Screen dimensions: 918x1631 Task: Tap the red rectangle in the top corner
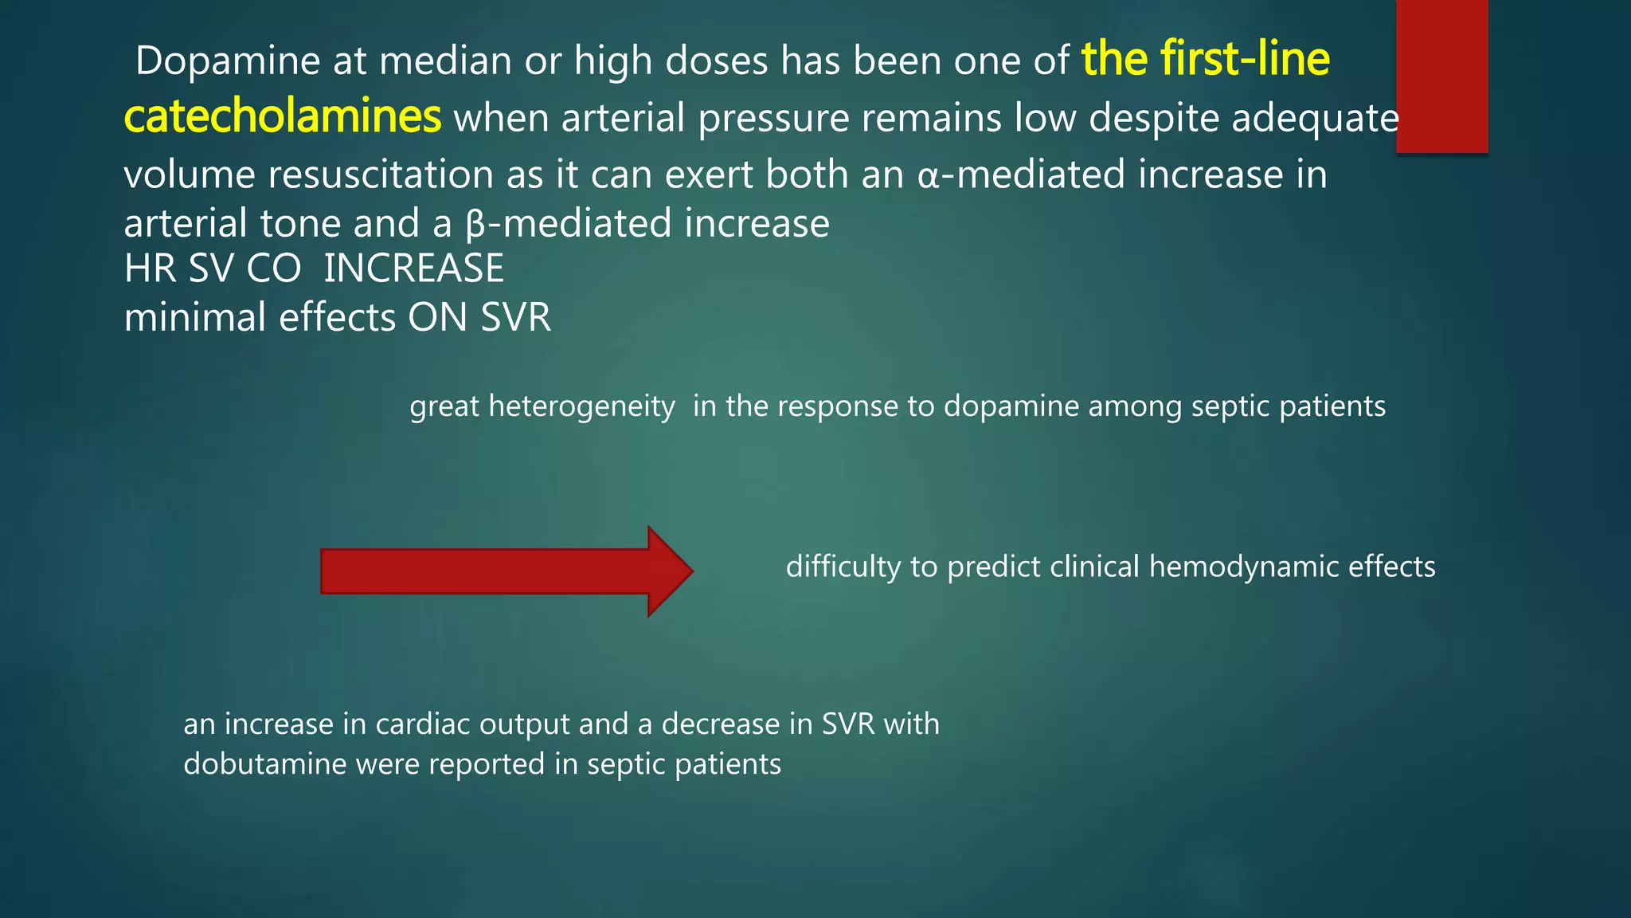[1441, 76]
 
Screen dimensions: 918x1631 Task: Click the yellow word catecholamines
[282, 116]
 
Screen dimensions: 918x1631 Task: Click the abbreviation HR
[151, 269]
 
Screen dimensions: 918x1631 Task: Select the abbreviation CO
[273, 269]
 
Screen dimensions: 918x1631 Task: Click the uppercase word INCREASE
[413, 269]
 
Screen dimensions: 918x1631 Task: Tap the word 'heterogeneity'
[581, 406]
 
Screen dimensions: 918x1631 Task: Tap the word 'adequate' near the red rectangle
[1315, 118]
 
